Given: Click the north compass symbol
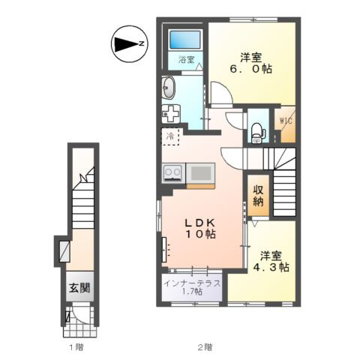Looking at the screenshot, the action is click(x=130, y=44).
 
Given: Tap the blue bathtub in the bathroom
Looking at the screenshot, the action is click(x=185, y=40).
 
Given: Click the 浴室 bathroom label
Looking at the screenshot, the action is click(x=186, y=59).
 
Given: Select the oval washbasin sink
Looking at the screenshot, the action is click(x=168, y=88).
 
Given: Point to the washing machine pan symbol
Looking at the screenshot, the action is click(x=171, y=114).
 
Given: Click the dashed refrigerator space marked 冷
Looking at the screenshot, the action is click(x=171, y=136).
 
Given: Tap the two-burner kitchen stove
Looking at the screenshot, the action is click(x=173, y=172).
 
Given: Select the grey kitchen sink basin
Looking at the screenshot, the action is click(x=200, y=173).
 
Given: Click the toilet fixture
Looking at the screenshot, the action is click(x=256, y=133).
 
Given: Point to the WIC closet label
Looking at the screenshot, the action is click(x=286, y=121).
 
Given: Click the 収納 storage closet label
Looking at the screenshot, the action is click(x=258, y=196).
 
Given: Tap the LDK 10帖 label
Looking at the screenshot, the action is click(x=200, y=228).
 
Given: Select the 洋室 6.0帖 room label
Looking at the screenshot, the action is click(x=250, y=63).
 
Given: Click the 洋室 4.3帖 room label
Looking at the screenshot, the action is click(x=271, y=262).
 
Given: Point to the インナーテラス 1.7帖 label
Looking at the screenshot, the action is click(x=192, y=287).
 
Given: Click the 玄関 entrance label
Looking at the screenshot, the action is click(x=79, y=288).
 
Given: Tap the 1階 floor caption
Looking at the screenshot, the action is click(x=76, y=347).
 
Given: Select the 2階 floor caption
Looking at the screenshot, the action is click(x=205, y=347).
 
